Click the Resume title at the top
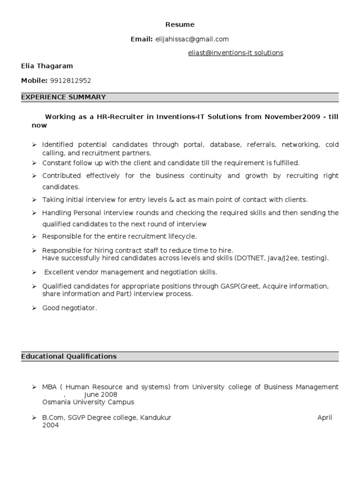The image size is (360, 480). click(180, 24)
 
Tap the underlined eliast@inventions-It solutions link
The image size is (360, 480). click(235, 53)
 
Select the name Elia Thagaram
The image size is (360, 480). click(47, 66)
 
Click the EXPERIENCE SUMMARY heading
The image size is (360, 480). click(63, 97)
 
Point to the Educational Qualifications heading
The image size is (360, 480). click(69, 356)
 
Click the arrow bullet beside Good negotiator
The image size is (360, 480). click(34, 308)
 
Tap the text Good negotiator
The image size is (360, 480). click(69, 308)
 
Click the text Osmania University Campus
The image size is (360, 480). click(88, 402)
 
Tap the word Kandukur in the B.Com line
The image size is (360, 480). click(155, 418)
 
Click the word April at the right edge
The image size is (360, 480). click(324, 418)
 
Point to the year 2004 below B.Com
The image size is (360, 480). click(50, 426)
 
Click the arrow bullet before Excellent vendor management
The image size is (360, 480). click(34, 272)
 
